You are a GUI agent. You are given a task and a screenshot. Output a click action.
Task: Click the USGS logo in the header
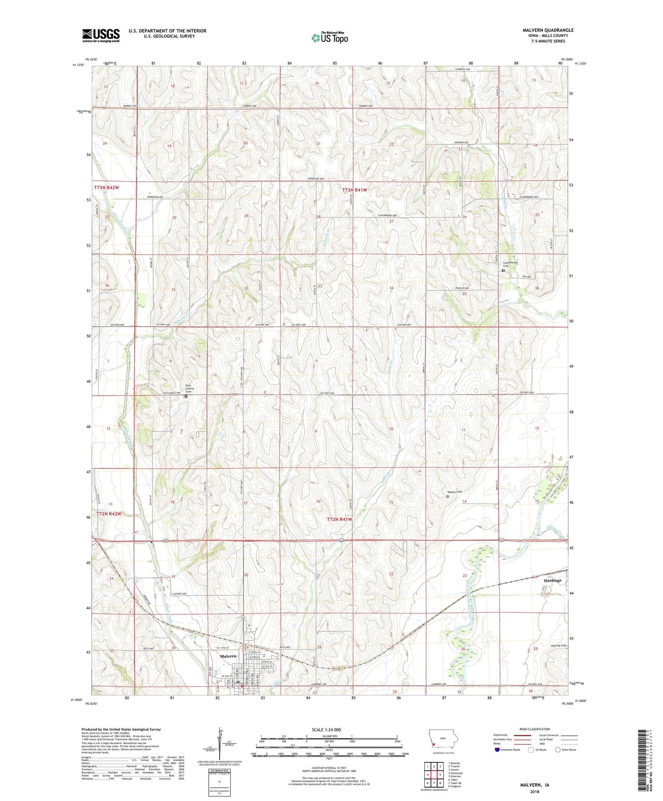coord(100,35)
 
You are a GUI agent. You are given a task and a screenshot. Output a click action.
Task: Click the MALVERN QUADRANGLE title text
coord(548,30)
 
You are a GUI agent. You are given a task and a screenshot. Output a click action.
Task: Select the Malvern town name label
coord(228,656)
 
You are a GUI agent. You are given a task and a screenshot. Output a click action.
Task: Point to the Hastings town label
coord(552,580)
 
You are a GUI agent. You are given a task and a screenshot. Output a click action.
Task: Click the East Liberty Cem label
coord(189,388)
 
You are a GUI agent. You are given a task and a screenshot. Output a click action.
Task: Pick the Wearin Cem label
coord(455,492)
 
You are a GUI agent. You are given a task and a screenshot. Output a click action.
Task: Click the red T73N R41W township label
coord(355,189)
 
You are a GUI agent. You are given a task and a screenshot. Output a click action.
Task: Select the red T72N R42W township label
coord(108,514)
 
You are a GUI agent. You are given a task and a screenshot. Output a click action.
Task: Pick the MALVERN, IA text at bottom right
coord(535,784)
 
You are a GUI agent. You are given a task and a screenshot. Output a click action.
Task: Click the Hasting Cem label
coord(558,645)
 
